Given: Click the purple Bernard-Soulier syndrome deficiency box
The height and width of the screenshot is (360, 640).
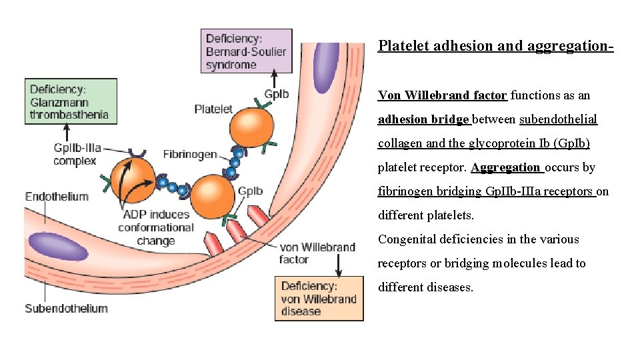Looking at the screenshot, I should [246, 51].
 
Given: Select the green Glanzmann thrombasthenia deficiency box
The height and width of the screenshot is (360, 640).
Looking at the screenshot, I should [71, 102].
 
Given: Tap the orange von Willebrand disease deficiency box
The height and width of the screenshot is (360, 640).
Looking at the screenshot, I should [319, 299].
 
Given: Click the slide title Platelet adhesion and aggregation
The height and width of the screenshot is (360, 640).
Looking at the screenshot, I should [495, 46].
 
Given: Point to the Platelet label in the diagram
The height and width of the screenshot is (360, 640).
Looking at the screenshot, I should [213, 109].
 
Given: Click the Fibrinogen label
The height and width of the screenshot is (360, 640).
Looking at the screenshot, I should [190, 154].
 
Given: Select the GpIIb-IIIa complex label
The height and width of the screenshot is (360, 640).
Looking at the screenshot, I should [77, 154].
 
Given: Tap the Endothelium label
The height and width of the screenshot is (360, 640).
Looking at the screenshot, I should [57, 196].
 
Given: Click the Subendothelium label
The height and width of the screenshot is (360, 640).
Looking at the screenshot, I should [66, 308].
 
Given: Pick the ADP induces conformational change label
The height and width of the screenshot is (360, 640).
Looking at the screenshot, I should [156, 227].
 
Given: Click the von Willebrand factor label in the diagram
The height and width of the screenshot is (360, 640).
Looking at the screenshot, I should [317, 253].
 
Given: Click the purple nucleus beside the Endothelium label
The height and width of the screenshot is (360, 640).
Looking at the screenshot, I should [59, 247].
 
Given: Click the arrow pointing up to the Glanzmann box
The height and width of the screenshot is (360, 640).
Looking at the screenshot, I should [67, 133].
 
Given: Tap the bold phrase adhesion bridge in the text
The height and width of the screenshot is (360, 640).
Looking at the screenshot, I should [424, 119].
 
